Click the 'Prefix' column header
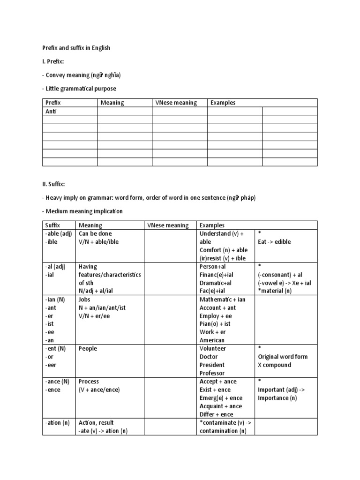coord(53,103)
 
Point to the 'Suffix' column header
coord(52,225)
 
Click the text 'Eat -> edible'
coord(274,242)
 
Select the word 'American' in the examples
coord(212,340)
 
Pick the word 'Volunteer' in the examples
coord(213,349)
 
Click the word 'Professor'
coord(212,373)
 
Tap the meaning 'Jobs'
coord(85,300)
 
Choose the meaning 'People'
coord(89,349)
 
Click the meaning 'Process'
coord(89,382)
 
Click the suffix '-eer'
coord(51,365)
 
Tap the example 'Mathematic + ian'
coord(222,300)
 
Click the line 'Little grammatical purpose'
coord(79,89)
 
